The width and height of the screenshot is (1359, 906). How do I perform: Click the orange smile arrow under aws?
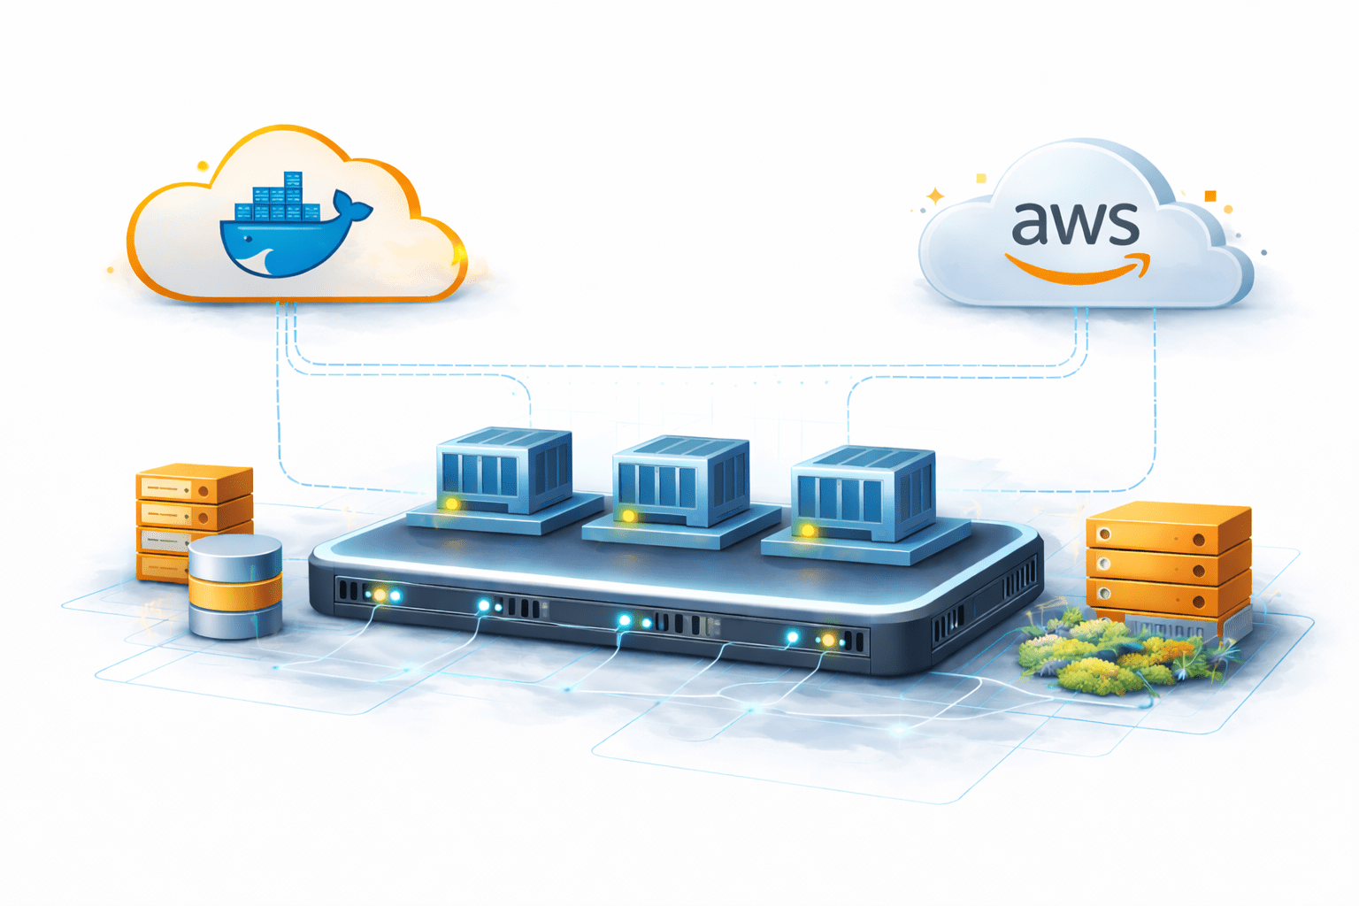click(1078, 268)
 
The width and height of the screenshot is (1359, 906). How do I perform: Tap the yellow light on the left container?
click(451, 503)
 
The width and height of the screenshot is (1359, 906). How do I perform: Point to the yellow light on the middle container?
click(628, 515)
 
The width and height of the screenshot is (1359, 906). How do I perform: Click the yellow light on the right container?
click(808, 531)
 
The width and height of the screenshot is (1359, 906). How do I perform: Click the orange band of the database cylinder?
click(235, 592)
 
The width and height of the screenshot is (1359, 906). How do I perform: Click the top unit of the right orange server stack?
click(1168, 526)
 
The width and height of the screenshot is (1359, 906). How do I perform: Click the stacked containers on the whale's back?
click(278, 200)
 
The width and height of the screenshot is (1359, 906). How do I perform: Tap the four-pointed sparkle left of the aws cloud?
click(934, 196)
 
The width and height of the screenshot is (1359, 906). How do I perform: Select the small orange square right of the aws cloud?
click(1210, 196)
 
